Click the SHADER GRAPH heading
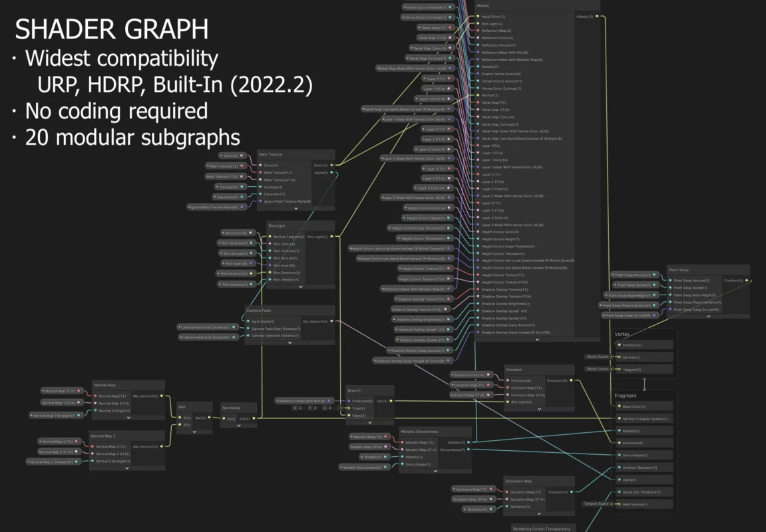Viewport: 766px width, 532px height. [111, 30]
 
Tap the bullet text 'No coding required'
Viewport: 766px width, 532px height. [116, 110]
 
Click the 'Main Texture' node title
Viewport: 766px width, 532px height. [270, 154]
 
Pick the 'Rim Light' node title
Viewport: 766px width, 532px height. [276, 226]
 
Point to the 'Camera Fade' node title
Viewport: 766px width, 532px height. [259, 310]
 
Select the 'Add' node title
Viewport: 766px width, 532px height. [182, 406]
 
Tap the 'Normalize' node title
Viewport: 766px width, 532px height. [231, 408]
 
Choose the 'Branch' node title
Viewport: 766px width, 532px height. [353, 390]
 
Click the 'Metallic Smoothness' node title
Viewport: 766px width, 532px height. [419, 432]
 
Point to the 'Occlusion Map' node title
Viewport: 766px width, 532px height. [518, 481]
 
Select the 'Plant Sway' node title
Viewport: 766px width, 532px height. [679, 270]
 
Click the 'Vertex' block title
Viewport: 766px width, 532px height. [622, 334]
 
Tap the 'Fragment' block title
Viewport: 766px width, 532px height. [625, 396]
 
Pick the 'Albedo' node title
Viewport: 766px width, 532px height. [484, 5]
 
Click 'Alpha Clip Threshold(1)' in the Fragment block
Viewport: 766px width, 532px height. [641, 492]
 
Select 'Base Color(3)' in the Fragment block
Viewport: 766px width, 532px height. [634, 406]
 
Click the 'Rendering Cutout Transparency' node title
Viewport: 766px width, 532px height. [542, 529]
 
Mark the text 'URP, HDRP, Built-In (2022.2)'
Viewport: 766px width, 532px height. [175, 85]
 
